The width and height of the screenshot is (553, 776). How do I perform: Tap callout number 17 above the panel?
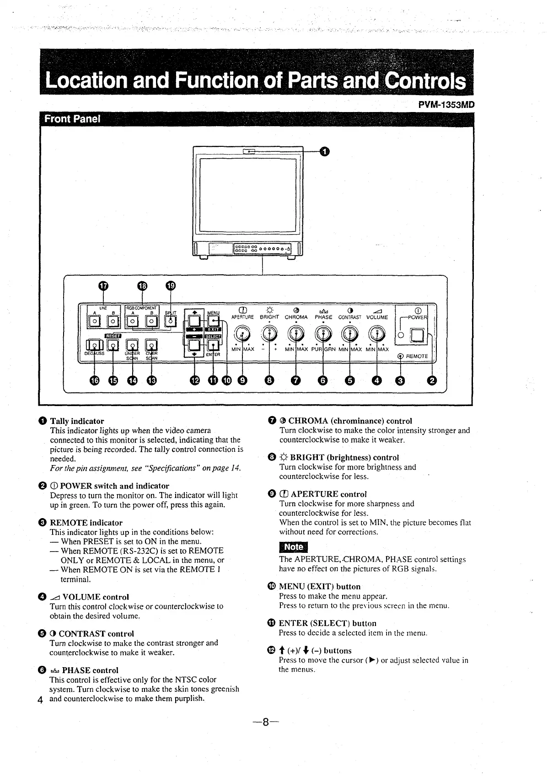pyautogui.click(x=104, y=286)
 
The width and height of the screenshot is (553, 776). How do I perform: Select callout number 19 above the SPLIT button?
pyautogui.click(x=170, y=286)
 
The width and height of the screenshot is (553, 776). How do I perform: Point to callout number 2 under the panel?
pyautogui.click(x=432, y=380)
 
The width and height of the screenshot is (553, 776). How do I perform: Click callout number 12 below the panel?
pyautogui.click(x=195, y=380)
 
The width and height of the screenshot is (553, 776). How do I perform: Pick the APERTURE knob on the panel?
pyautogui.click(x=242, y=334)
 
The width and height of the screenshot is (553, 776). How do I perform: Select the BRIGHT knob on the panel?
pyautogui.click(x=269, y=334)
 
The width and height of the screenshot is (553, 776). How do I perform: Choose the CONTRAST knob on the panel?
pyautogui.click(x=350, y=334)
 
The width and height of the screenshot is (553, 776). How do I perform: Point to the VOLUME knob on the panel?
pyautogui.click(x=377, y=334)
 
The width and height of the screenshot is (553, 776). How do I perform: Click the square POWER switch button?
pyautogui.click(x=417, y=336)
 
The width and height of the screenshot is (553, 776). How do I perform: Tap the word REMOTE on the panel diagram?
pyautogui.click(x=417, y=356)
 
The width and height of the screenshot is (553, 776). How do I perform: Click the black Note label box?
pyautogui.click(x=294, y=547)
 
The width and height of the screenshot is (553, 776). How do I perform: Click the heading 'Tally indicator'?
pyautogui.click(x=77, y=421)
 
